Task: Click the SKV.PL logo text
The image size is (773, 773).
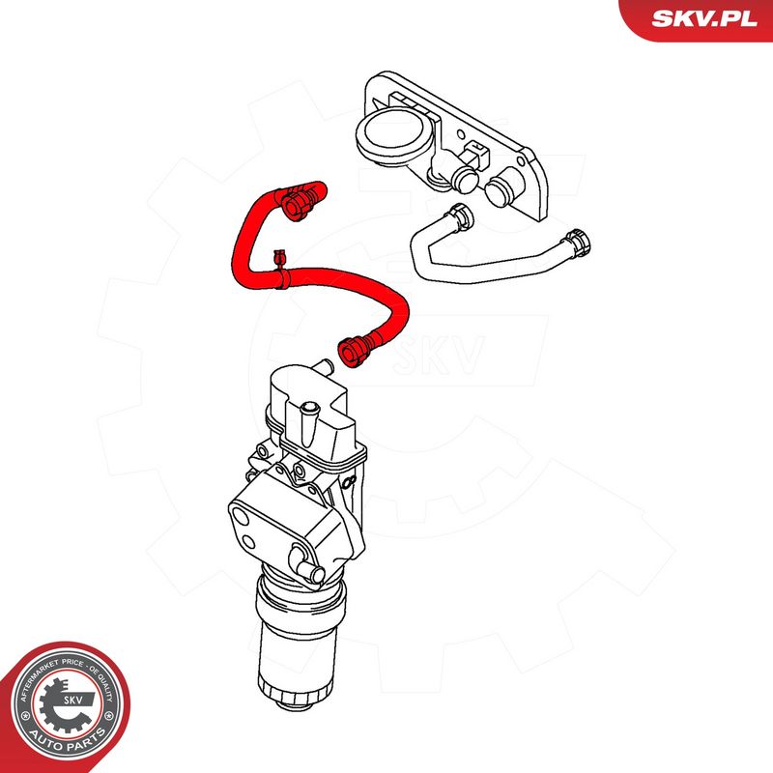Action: pos(704,18)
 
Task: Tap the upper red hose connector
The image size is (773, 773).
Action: pos(298,203)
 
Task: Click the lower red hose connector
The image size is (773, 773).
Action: pos(355,350)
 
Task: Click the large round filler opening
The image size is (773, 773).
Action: pos(393,133)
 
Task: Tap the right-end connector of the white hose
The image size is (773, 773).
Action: pos(577,243)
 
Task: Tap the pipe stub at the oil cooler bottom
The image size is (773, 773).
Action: pos(307,565)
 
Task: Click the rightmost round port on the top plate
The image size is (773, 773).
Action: pos(501,187)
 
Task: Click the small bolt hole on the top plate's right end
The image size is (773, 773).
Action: pos(521,161)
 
